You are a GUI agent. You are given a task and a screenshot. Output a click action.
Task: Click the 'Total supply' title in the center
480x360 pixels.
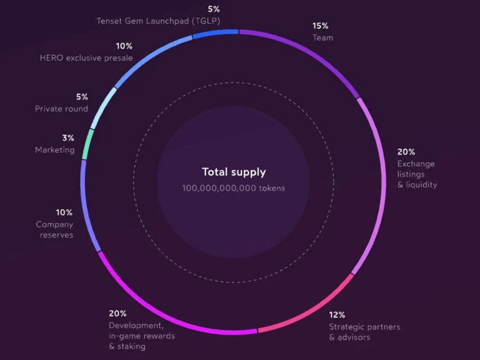pos(233,172)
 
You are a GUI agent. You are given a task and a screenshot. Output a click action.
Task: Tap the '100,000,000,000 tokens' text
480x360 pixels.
pos(233,188)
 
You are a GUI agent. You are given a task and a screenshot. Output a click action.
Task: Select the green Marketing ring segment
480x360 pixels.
pos(86,144)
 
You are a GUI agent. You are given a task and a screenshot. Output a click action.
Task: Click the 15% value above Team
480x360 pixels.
pos(320,26)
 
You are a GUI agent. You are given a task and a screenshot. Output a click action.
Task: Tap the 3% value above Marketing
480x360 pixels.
pos(68,138)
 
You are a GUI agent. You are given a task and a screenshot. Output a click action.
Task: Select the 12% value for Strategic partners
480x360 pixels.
pos(337,314)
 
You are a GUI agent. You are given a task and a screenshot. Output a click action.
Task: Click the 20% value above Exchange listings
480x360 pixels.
pos(406,152)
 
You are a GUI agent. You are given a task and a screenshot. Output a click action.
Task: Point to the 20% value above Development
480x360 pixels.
pos(117,313)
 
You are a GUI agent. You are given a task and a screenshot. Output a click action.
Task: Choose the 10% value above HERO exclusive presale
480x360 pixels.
pos(124,46)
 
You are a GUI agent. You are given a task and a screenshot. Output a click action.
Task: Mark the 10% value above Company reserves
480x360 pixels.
pos(64,212)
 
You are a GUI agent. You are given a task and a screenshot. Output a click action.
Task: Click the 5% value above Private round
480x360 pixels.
pos(82,97)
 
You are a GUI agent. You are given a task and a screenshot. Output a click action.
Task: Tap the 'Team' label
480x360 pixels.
pos(323,38)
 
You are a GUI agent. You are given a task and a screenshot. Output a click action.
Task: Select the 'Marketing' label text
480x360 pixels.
pos(55,150)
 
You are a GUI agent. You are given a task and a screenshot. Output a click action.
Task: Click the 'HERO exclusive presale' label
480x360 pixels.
pos(86,58)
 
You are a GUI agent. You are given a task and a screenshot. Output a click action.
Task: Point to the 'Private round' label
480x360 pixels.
pos(61,109)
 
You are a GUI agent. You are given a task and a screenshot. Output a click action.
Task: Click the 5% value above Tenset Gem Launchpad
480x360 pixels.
pos(215,9)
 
